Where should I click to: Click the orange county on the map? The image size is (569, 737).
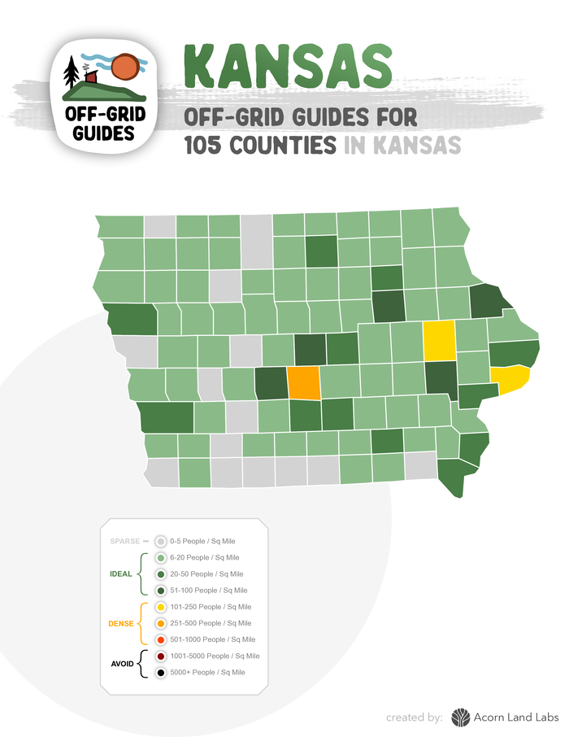coord(305,382)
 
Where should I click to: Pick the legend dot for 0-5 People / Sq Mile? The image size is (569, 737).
coord(161,541)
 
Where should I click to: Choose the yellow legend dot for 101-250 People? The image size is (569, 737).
coord(161,607)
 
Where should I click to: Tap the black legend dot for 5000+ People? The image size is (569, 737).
coord(161,673)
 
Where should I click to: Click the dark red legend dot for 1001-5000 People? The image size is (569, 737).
coord(161,656)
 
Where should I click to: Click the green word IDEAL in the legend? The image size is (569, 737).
coord(120,573)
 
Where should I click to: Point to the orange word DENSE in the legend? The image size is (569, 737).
coord(120,623)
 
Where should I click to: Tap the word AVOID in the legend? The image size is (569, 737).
coord(122,664)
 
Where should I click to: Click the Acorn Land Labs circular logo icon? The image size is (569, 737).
coord(461,717)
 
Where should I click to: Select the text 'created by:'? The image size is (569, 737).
coord(415,717)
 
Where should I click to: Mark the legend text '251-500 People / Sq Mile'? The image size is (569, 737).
coord(211,623)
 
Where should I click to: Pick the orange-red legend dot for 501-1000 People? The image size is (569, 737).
coord(161,639)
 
